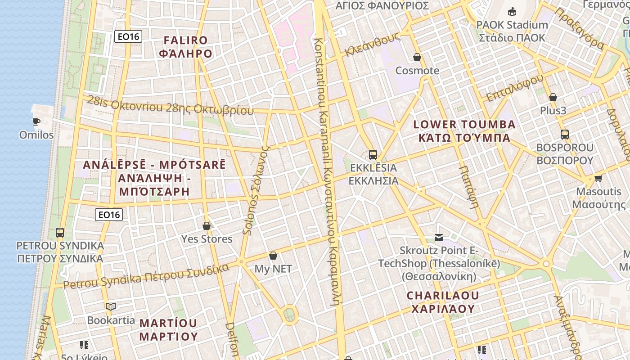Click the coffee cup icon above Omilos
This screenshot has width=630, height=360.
(x=36, y=121)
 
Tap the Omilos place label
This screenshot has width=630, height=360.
(x=36, y=135)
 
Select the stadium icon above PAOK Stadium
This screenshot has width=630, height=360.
(x=512, y=11)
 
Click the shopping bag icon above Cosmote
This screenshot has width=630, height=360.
(x=417, y=58)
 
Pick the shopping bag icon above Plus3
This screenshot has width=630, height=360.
(x=553, y=97)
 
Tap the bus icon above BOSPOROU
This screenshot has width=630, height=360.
(x=564, y=134)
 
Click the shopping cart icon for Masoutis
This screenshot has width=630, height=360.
(x=598, y=179)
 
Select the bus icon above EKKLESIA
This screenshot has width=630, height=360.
(x=373, y=155)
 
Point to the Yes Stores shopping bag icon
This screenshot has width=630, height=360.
(x=207, y=226)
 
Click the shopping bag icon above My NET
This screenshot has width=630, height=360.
(x=273, y=256)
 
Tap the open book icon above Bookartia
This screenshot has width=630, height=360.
(x=111, y=307)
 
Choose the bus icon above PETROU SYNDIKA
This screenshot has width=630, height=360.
(x=60, y=233)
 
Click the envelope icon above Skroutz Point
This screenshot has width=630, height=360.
(x=439, y=238)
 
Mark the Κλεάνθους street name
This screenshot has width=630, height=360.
(x=372, y=45)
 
